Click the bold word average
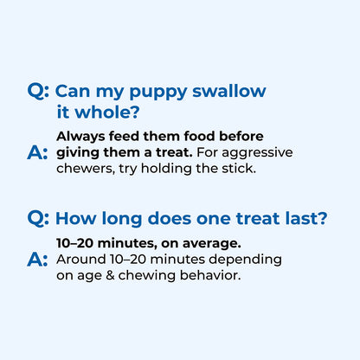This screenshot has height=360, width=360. [213, 244]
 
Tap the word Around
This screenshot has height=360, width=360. [80, 259]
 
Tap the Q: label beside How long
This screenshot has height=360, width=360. [39, 220]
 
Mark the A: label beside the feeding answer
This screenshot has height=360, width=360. [38, 153]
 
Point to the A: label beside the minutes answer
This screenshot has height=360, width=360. [38, 260]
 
